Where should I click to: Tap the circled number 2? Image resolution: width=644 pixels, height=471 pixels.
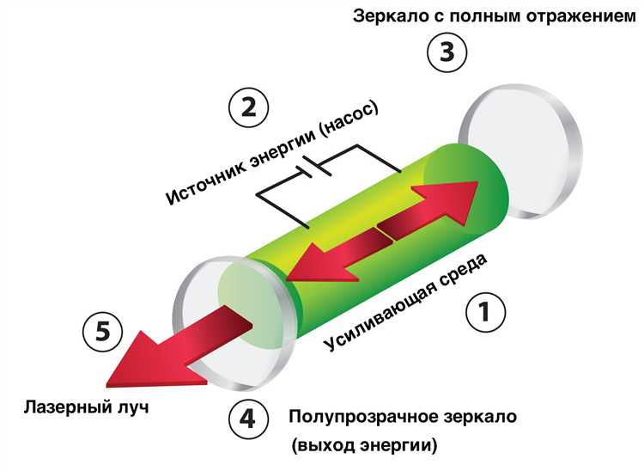coord(248,108)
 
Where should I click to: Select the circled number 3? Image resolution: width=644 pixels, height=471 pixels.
coord(447,52)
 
